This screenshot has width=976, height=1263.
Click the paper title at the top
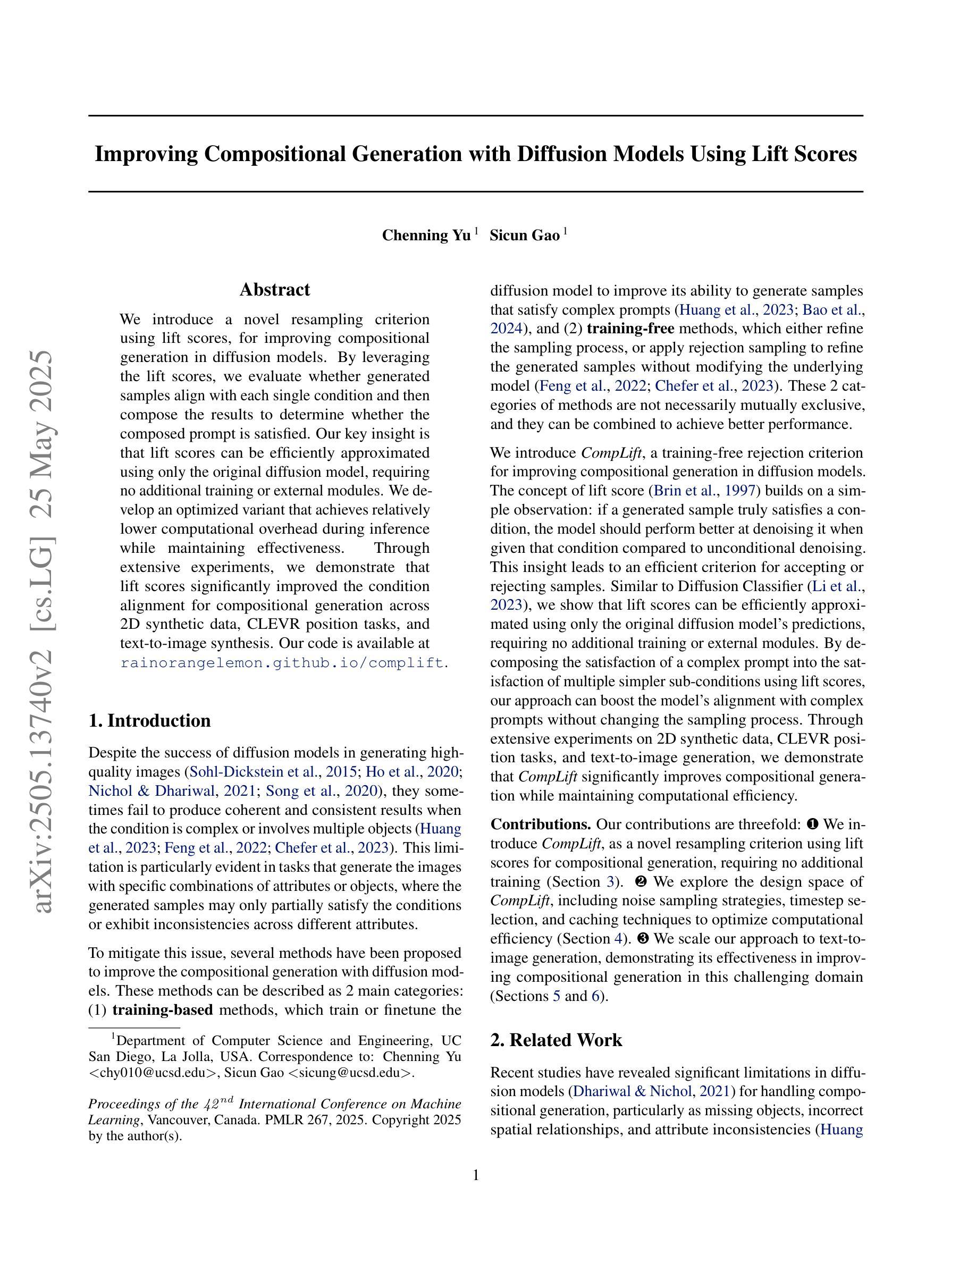(475, 154)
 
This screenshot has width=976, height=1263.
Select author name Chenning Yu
(426, 235)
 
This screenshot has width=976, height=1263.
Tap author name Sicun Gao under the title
(525, 235)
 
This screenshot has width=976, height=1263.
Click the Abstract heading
(275, 290)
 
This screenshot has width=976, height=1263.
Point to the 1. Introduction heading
(150, 721)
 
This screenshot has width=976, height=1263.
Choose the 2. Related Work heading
(556, 1040)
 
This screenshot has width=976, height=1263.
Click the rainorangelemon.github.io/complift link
(282, 663)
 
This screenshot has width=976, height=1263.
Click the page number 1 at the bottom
(476, 1175)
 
